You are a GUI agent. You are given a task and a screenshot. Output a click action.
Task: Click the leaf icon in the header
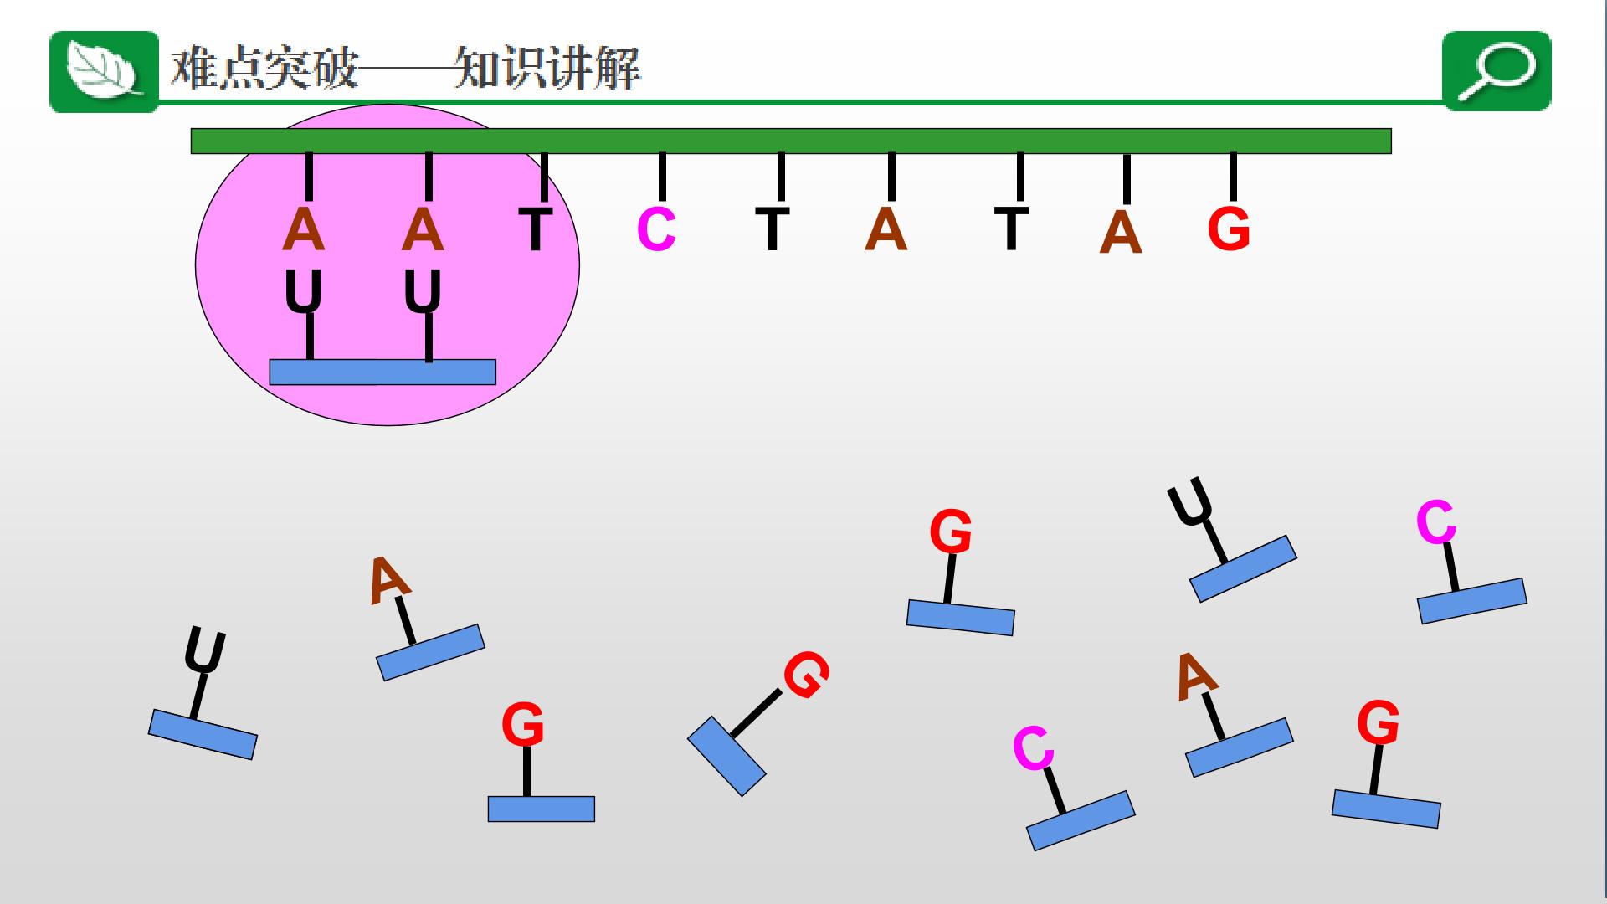click(x=104, y=71)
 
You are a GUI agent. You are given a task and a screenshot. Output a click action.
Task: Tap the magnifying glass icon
click(x=1497, y=70)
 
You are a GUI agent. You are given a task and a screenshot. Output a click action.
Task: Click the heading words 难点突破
click(x=264, y=68)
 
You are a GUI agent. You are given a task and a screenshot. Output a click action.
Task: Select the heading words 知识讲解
click(x=547, y=68)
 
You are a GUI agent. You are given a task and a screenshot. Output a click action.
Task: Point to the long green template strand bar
click(x=791, y=141)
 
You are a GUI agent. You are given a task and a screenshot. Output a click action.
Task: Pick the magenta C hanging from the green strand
click(x=656, y=229)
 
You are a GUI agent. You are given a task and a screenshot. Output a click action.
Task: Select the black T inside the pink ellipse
click(x=536, y=229)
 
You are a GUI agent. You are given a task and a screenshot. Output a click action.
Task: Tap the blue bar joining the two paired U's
click(x=382, y=372)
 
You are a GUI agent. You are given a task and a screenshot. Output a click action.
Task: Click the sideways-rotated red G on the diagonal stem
click(x=806, y=675)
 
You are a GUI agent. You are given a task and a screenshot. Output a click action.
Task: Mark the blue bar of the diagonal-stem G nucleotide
click(x=726, y=756)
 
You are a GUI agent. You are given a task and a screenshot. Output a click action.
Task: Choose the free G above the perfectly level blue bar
click(x=523, y=725)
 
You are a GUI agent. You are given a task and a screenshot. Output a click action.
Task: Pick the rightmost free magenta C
click(x=1436, y=522)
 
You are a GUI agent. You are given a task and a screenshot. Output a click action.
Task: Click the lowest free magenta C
click(x=1033, y=747)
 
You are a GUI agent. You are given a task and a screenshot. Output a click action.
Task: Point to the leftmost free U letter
click(x=205, y=650)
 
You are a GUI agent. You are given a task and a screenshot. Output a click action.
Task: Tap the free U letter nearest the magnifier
click(x=1190, y=501)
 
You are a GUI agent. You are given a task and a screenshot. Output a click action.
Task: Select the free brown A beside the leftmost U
click(x=388, y=579)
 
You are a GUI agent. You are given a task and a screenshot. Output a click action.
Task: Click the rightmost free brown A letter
click(x=1196, y=676)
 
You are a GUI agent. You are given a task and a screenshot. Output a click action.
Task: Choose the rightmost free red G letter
click(x=1378, y=722)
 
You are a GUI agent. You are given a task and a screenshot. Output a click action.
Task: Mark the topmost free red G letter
click(x=951, y=532)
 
